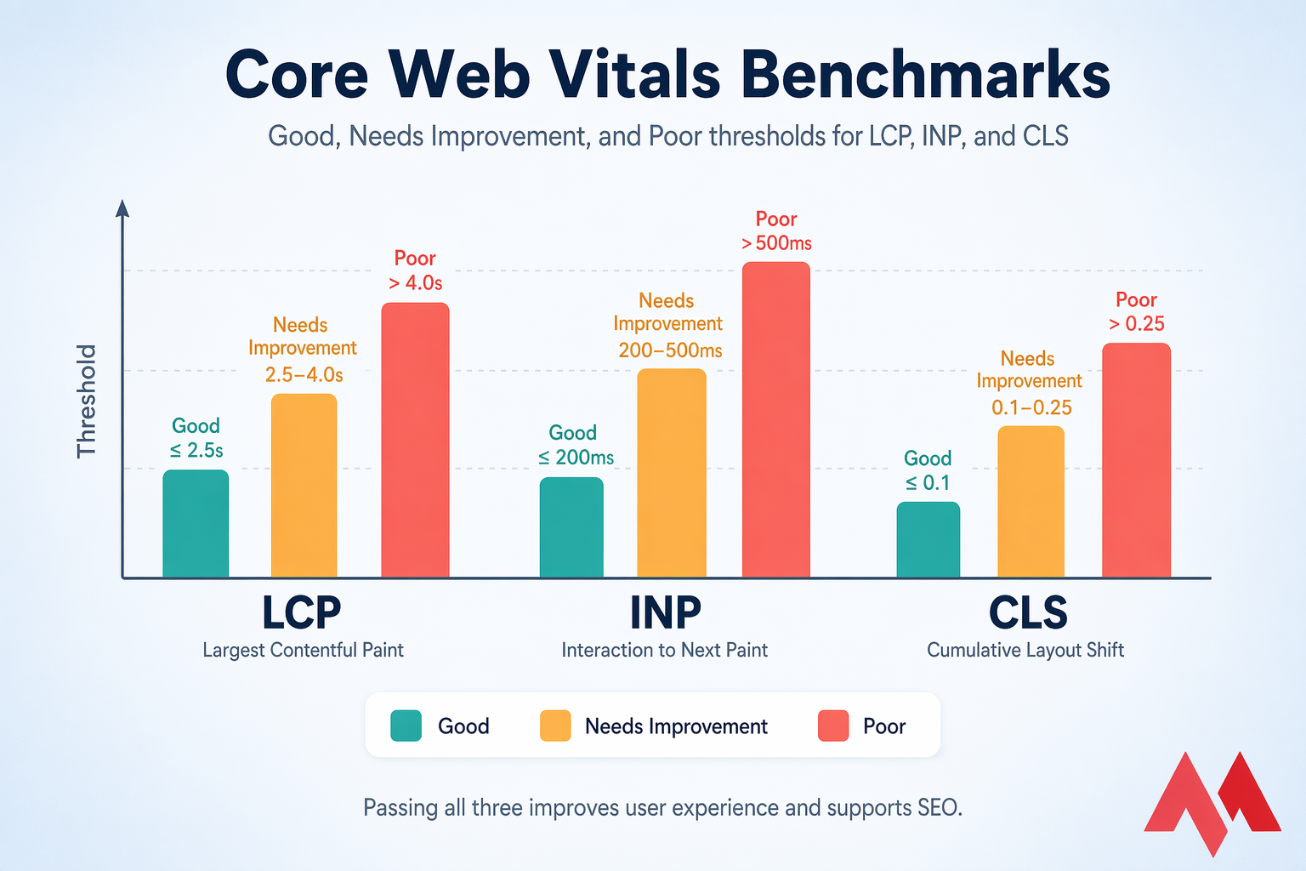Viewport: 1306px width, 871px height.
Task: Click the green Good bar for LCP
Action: pos(196,524)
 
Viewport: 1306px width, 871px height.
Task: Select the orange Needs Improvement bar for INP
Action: pos(672,473)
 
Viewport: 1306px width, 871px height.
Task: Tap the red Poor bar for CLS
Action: pos(1136,460)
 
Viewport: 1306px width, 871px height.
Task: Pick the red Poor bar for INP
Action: pos(775,420)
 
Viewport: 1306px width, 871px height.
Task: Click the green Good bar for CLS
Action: pos(928,540)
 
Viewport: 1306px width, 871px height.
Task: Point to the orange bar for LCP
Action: pos(304,486)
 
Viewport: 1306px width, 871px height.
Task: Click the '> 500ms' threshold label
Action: pos(776,243)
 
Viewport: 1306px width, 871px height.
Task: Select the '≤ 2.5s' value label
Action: pos(196,450)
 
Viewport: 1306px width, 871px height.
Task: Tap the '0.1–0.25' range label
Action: pos(1031,407)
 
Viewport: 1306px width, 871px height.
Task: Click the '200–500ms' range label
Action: pos(670,350)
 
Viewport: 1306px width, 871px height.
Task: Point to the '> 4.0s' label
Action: pos(415,282)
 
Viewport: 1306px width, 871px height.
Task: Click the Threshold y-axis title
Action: pos(87,401)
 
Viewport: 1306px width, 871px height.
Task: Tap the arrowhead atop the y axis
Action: pos(122,208)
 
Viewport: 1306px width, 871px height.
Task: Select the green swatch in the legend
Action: pos(406,726)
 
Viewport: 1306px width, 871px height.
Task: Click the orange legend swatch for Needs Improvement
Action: pos(555,726)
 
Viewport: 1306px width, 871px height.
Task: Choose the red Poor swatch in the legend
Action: pos(832,726)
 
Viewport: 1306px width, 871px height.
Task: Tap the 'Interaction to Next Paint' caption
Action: pos(664,650)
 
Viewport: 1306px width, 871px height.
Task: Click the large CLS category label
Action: pos(1027,612)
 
